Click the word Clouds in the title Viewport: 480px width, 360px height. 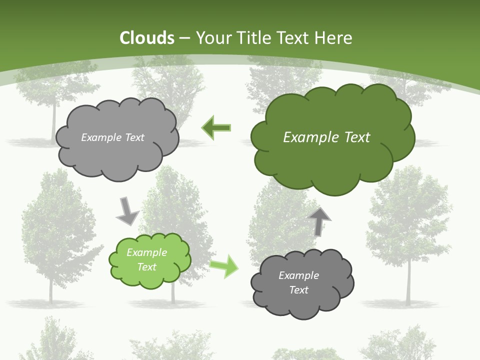(147, 38)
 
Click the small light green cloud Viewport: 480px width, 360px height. (150, 260)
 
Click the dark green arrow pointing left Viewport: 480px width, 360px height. (216, 127)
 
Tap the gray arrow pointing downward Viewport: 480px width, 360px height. (127, 210)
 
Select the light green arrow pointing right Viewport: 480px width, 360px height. (224, 265)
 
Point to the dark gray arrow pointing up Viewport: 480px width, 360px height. (319, 221)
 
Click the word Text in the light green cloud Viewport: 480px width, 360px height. (147, 267)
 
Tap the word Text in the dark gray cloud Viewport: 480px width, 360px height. (298, 290)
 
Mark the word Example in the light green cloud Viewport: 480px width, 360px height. (147, 252)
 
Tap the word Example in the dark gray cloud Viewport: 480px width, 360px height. (298, 275)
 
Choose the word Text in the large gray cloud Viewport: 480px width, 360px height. (133, 137)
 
